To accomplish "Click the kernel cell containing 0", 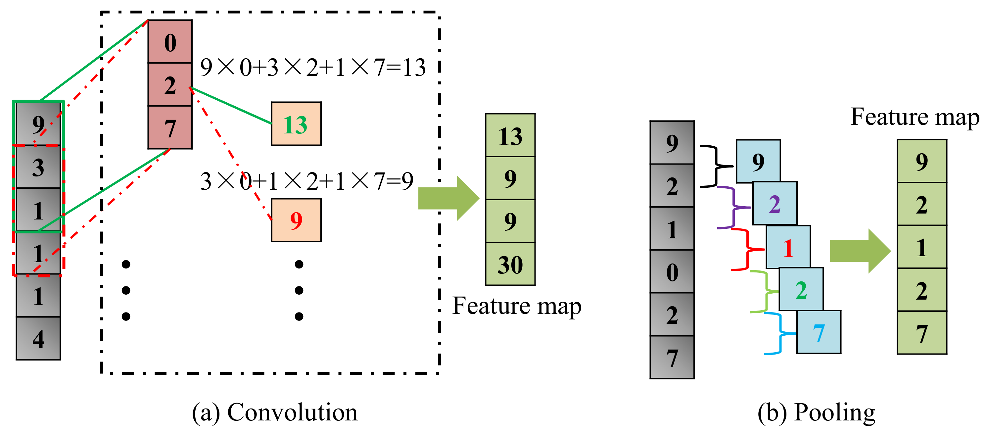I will tap(170, 41).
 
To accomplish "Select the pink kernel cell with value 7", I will tap(170, 127).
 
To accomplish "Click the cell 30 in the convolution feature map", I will tap(510, 264).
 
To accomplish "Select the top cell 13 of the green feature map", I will tap(510, 135).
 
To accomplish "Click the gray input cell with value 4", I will tap(38, 338).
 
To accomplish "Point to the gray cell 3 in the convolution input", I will tap(38, 167).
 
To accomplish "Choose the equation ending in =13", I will tap(312, 68).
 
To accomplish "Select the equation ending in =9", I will tap(306, 181).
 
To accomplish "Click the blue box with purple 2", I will tap(775, 203).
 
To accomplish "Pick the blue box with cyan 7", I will tap(818, 332).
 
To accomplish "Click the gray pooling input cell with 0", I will tap(672, 271).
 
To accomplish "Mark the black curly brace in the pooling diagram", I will tap(714, 166).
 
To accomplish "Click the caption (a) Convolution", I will tap(274, 412).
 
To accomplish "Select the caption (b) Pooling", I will tap(816, 412).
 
